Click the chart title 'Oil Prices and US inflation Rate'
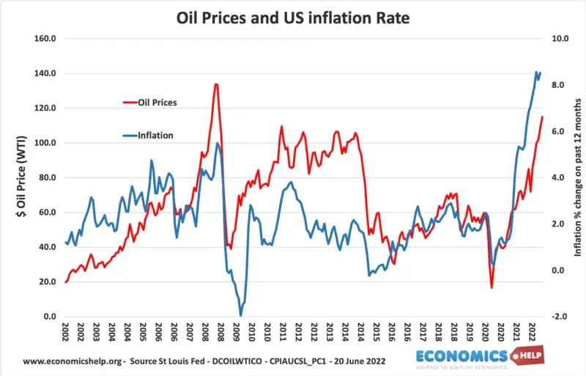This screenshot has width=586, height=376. [x=293, y=15]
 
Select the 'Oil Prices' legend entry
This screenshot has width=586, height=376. [x=157, y=103]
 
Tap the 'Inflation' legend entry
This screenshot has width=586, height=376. [x=155, y=136]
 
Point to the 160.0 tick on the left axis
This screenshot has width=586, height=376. [x=46, y=38]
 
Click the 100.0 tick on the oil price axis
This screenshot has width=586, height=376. [x=46, y=143]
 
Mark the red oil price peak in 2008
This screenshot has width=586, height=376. [x=216, y=84]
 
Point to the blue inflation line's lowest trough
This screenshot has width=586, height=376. [x=240, y=315]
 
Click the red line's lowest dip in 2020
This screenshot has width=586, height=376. [x=492, y=287]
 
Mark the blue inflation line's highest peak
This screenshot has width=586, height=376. [x=537, y=72]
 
